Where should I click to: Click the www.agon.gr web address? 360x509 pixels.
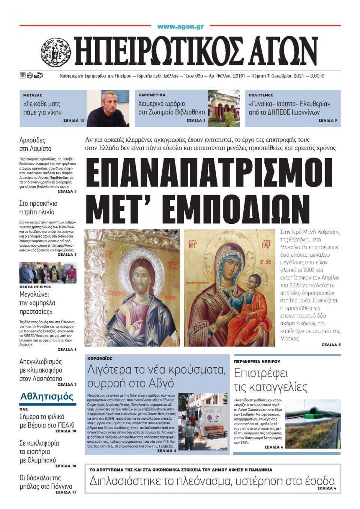(180, 26)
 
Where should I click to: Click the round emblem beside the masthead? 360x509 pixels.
(56, 52)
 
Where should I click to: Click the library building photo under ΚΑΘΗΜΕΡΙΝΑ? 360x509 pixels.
(223, 108)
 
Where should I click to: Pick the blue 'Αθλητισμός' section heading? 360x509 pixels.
(47, 397)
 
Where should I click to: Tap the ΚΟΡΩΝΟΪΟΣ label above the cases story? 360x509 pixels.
(100, 359)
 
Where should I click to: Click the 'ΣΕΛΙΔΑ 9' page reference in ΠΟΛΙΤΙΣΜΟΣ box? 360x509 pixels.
(327, 121)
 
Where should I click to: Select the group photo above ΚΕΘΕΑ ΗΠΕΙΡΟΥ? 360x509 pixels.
(48, 273)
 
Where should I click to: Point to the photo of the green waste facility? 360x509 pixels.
(313, 424)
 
